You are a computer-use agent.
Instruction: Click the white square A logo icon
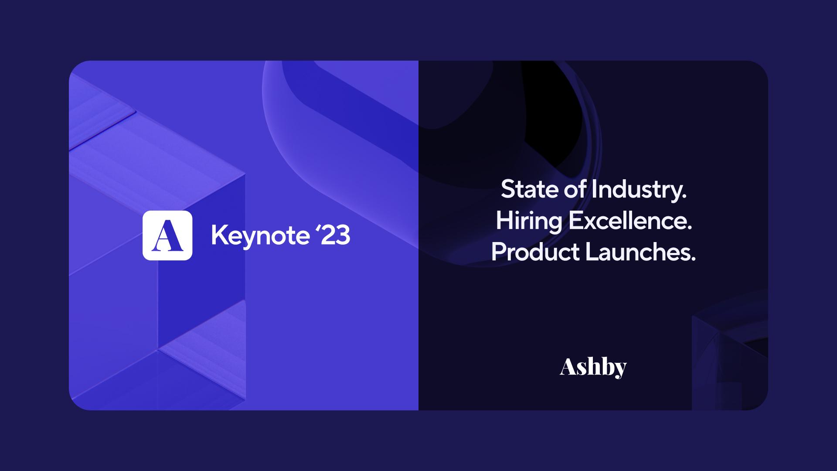(167, 235)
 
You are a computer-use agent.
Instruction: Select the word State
(529, 190)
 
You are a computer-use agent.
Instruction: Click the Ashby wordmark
(593, 368)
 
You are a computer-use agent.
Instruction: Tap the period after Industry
(684, 198)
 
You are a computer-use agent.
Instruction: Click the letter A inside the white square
(167, 236)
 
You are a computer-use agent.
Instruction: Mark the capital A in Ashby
(568, 367)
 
